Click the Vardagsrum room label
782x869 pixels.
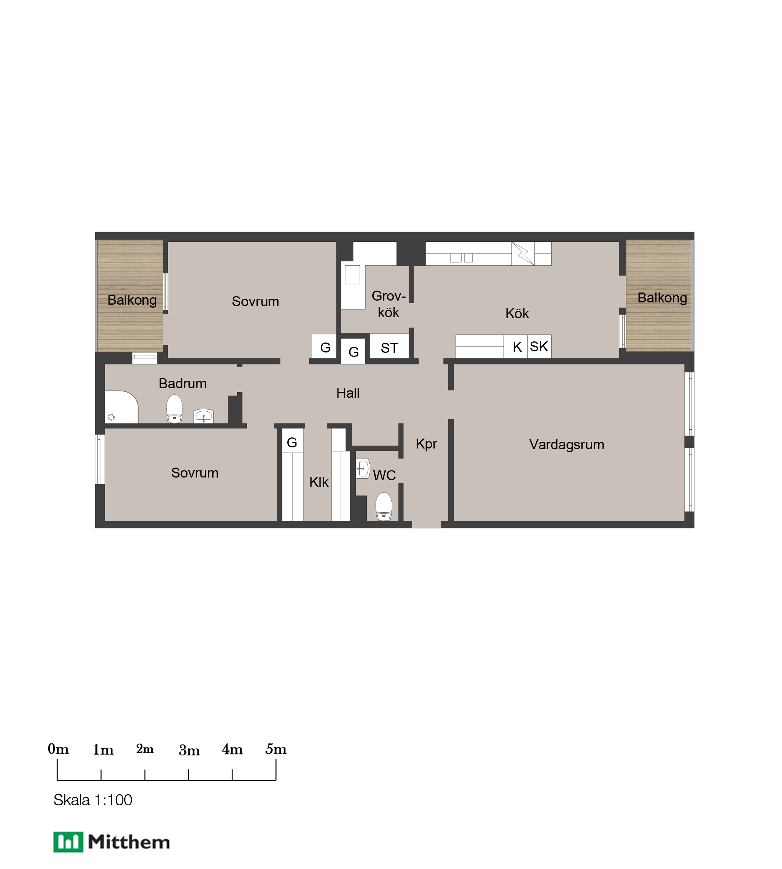[x=566, y=444]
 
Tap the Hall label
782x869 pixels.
[x=348, y=393]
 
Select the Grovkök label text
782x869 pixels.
[x=388, y=304]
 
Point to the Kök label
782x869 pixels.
[x=517, y=313]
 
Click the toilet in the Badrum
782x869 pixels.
[x=174, y=409]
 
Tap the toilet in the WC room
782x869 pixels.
[x=384, y=506]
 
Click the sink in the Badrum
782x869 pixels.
[x=204, y=416]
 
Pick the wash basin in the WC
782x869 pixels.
[x=363, y=468]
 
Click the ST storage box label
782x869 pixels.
[x=389, y=348]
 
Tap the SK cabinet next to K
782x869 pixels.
[x=539, y=347]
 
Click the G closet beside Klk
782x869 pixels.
[x=292, y=442]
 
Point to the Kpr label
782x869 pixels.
[x=426, y=444]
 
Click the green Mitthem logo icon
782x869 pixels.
[x=68, y=841]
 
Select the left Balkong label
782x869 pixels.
[x=132, y=300]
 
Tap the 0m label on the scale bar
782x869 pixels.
[x=58, y=749]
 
